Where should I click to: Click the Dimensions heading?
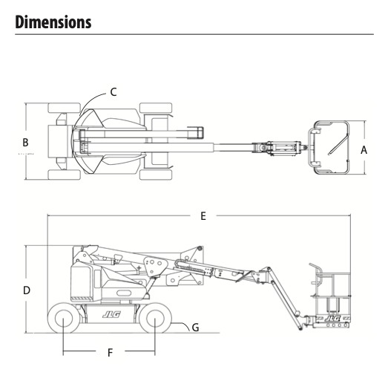[53, 22]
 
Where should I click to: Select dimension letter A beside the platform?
[364, 150]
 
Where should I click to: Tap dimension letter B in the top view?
[25, 143]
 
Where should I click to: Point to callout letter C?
[114, 92]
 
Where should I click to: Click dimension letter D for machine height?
[27, 290]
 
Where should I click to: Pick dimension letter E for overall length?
[203, 216]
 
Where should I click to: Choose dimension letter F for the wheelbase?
[110, 353]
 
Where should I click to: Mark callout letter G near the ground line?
[196, 328]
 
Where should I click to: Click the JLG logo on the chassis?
[111, 315]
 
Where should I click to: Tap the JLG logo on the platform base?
[332, 319]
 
